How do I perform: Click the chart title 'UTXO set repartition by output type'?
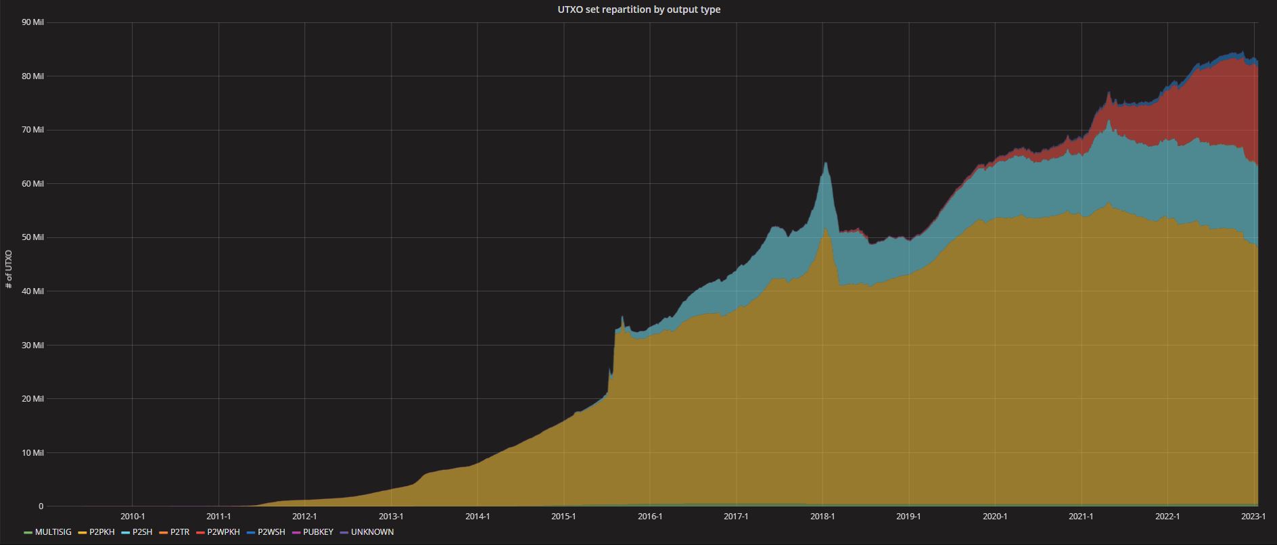click(638, 9)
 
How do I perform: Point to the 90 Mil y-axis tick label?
click(32, 22)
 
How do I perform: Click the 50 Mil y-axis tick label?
click(32, 237)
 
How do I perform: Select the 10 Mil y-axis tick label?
click(32, 453)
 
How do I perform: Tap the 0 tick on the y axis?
click(41, 506)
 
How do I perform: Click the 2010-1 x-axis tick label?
click(133, 517)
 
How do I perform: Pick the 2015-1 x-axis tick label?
click(563, 517)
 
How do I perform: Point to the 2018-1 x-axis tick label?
click(822, 517)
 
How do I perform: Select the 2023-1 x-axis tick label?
click(1253, 517)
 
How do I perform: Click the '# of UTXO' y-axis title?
click(9, 269)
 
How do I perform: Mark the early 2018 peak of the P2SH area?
click(825, 163)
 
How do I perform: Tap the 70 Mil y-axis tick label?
click(32, 130)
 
